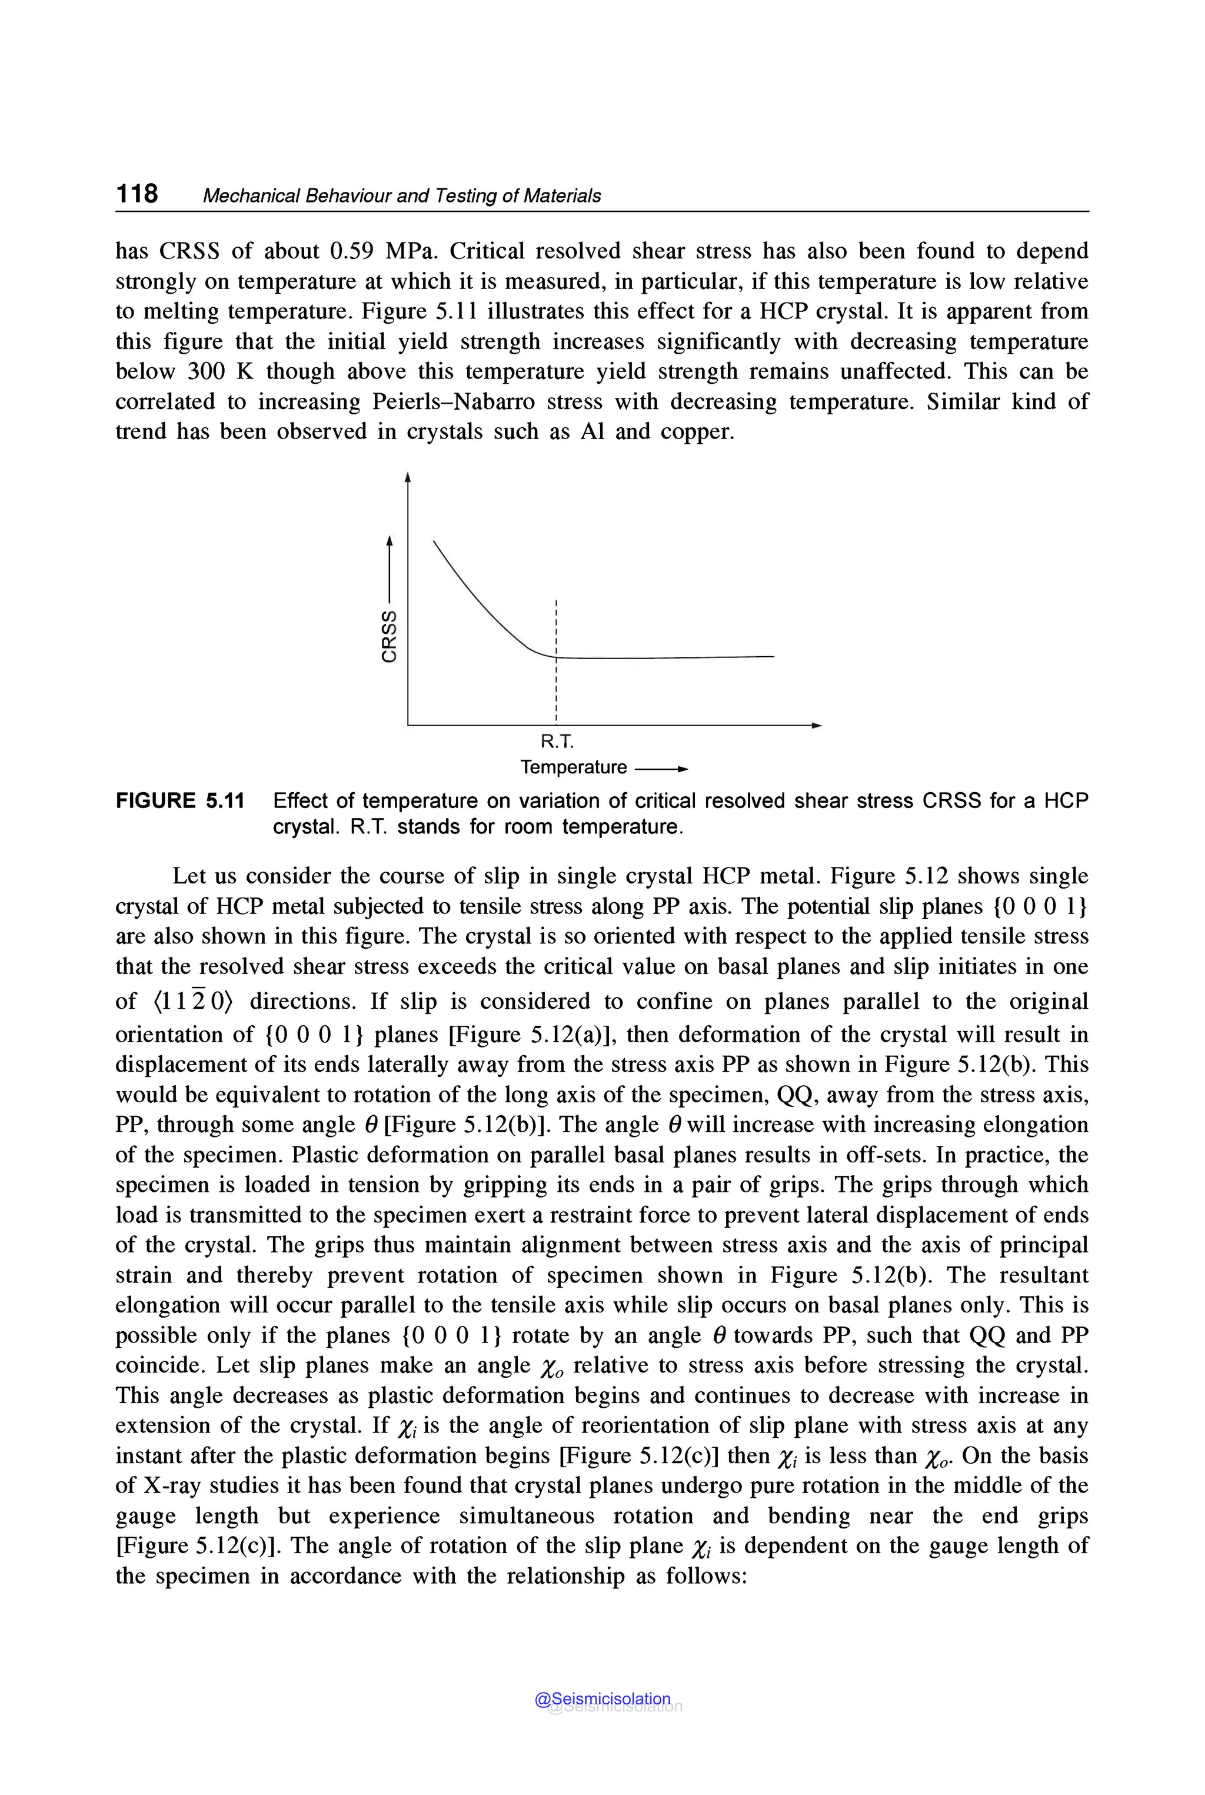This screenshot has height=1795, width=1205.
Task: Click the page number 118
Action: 137,193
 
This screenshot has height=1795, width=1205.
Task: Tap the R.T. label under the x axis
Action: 557,742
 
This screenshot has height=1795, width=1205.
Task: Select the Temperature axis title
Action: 573,767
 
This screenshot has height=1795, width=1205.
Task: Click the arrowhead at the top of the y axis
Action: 408,478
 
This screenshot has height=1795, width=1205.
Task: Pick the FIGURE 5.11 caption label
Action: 180,801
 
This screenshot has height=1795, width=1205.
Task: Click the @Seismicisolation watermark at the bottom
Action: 602,1699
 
